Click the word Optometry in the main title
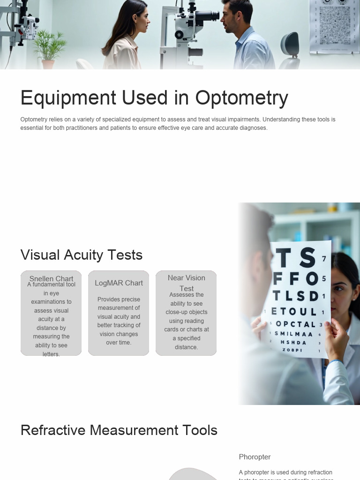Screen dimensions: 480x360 click(x=241, y=98)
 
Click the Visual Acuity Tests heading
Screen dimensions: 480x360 click(x=82, y=255)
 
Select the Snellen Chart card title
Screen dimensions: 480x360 click(x=51, y=278)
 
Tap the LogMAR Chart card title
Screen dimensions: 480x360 click(x=119, y=283)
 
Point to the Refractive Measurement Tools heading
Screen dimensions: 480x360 click(x=119, y=430)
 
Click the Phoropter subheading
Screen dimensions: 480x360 click(x=255, y=457)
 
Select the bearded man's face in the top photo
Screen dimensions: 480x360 click(x=230, y=20)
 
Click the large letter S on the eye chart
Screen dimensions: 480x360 click(x=307, y=258)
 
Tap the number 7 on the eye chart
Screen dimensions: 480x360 click(x=324, y=259)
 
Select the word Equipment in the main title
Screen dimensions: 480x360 click(x=68, y=98)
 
